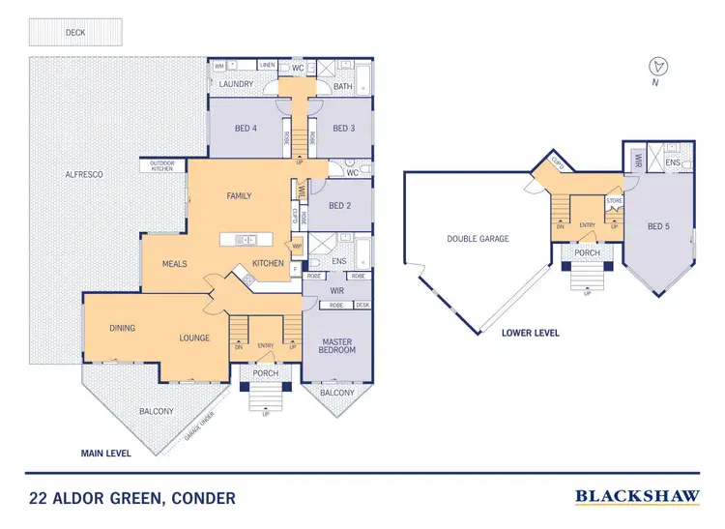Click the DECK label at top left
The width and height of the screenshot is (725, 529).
coord(74,32)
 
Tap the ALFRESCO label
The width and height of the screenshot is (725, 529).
coord(83,174)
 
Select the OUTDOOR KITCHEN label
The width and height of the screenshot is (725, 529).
coord(161,165)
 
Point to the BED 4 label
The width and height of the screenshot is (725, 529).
coord(246,128)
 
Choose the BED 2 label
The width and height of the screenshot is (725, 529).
coord(340,205)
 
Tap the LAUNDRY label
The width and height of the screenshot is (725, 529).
coord(236,84)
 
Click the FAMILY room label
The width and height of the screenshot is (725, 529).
coord(239,195)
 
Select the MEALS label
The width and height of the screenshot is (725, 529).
coord(174,263)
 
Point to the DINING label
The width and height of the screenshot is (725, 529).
coord(122,328)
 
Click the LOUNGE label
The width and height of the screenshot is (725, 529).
coord(194,338)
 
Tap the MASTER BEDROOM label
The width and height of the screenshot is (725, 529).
coord(338,344)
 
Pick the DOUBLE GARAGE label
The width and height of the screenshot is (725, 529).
coord(478,238)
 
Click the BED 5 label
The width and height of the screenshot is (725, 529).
coord(658,225)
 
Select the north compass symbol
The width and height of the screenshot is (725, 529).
coord(658,67)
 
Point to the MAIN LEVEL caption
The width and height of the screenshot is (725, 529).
coord(106,452)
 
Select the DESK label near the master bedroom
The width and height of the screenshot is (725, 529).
coord(362,305)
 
